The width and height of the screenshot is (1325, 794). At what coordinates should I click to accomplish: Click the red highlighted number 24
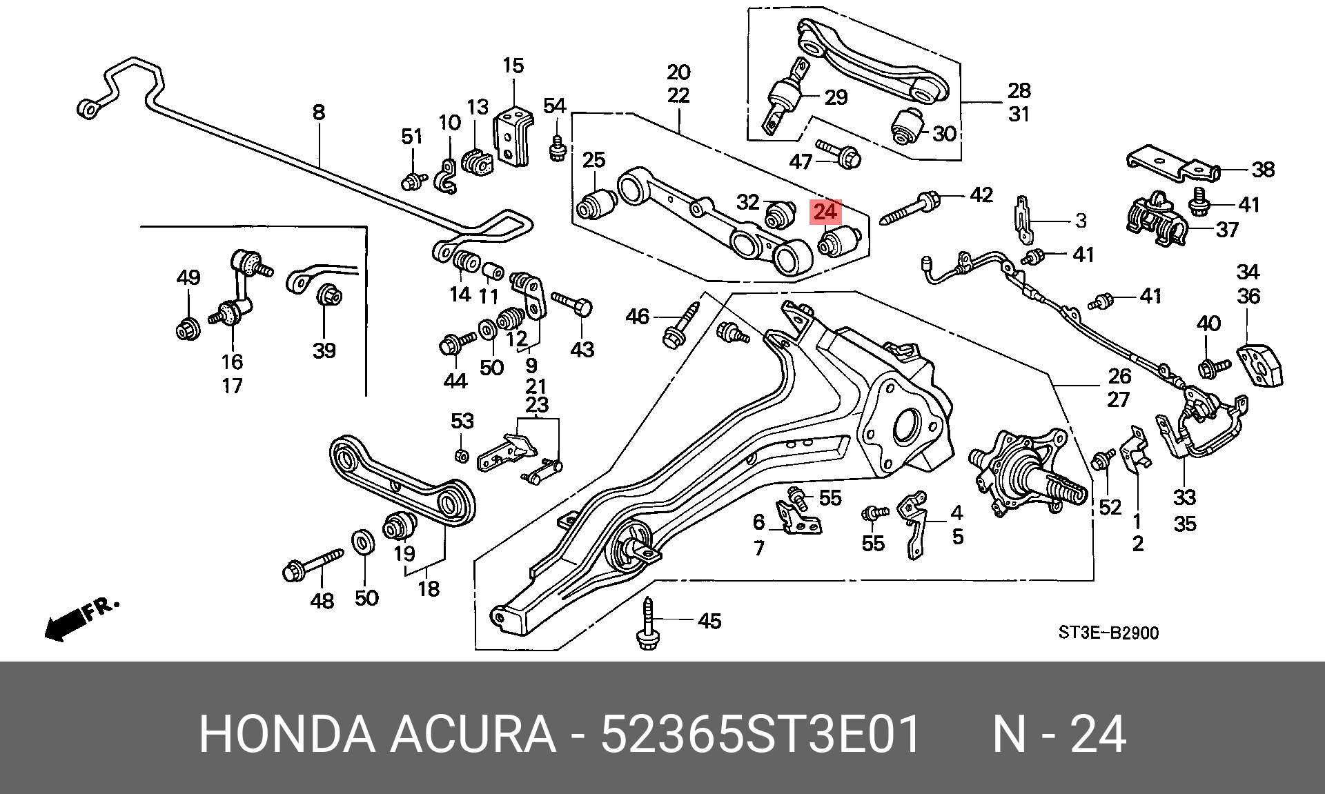[x=825, y=211]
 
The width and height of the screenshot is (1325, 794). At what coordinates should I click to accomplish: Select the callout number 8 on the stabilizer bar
[x=318, y=112]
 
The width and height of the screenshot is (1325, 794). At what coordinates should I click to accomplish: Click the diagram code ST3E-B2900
[x=1108, y=632]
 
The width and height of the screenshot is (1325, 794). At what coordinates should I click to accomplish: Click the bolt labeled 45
[x=648, y=624]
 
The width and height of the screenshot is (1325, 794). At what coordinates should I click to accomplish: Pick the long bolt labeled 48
[x=313, y=564]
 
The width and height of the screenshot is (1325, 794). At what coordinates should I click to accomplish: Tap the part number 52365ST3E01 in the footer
[x=760, y=735]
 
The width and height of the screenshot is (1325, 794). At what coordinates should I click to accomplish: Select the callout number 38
[x=1263, y=169]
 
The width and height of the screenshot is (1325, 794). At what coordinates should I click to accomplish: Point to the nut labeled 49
[x=188, y=328]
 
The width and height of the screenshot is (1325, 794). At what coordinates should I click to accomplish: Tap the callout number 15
[x=513, y=66]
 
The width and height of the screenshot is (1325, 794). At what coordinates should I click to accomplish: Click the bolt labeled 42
[x=910, y=208]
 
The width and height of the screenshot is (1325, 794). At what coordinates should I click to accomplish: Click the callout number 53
[x=462, y=420]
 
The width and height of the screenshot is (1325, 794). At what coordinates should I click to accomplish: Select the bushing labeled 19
[x=400, y=527]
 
